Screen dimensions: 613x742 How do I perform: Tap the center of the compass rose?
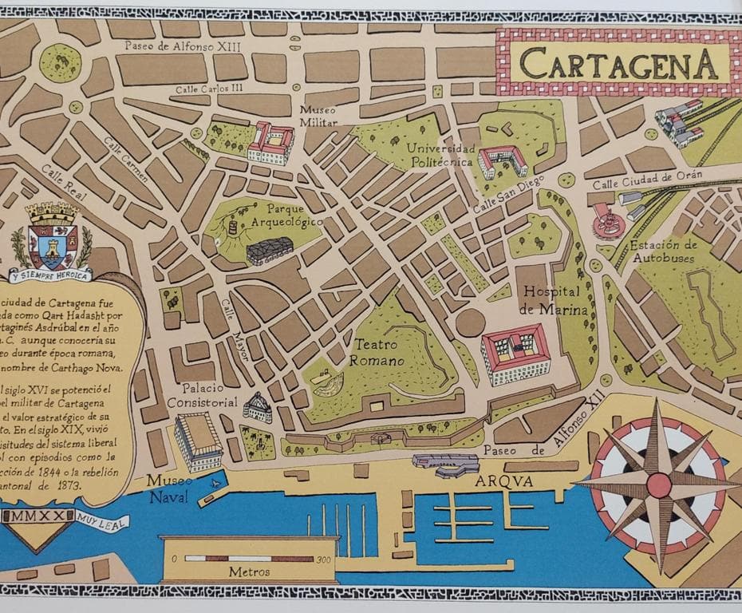tap(659, 484)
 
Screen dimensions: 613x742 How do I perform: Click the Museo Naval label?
tap(167, 489)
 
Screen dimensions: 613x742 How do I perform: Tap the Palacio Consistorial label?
tap(202, 395)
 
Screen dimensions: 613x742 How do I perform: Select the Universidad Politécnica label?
tap(441, 156)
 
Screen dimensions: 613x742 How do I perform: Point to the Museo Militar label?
tap(318, 116)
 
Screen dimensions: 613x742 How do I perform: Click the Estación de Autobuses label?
tap(663, 251)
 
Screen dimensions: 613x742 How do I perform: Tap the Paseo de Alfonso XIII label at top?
tap(182, 45)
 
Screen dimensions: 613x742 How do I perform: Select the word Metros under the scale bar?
tap(249, 571)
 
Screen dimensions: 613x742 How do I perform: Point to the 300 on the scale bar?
tap(322, 559)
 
